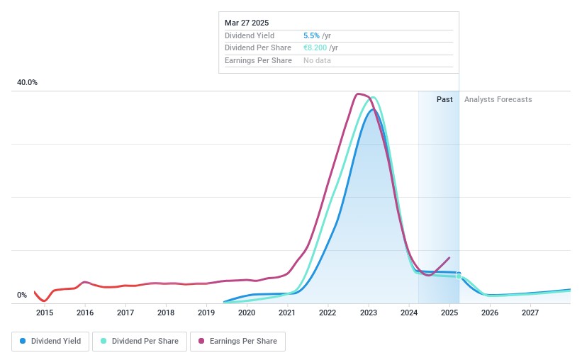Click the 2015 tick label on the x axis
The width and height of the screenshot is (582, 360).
(45, 313)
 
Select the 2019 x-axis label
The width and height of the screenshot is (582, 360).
(206, 313)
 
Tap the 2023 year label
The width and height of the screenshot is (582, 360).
(368, 313)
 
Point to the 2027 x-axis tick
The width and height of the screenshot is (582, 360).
(530, 313)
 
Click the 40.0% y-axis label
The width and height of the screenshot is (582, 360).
(28, 83)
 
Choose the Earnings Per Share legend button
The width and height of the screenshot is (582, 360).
(237, 341)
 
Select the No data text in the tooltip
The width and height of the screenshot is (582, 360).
(317, 61)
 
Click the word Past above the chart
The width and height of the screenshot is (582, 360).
(444, 100)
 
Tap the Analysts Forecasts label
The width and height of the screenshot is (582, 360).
(498, 100)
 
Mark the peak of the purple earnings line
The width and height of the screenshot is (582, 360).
(358, 94)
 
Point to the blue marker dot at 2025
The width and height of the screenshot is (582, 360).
(459, 274)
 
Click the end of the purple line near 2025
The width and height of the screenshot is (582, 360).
(449, 257)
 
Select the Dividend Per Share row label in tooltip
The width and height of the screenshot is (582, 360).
(258, 48)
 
